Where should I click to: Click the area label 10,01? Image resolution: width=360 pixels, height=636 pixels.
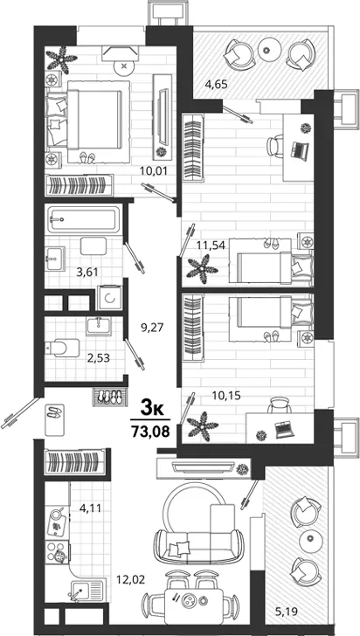pos(153,170)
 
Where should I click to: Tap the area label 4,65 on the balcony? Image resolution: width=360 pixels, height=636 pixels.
pos(216,85)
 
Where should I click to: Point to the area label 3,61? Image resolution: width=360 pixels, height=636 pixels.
pos(87,272)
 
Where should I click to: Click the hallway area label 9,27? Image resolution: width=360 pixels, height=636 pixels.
pos(152,328)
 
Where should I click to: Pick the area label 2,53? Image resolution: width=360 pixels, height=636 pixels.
pos(99,358)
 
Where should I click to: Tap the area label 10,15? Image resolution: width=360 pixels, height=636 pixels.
pos(226,396)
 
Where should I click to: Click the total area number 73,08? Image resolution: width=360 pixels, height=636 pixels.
pos(149,430)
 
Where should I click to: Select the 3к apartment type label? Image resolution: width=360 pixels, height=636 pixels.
pos(152,408)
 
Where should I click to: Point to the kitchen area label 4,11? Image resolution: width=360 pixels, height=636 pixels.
pos(90,508)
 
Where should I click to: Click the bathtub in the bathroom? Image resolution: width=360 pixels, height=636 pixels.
pos(84,219)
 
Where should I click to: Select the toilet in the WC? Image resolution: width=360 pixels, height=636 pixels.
pos(62,348)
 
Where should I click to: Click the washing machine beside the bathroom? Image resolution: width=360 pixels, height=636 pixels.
pos(109,298)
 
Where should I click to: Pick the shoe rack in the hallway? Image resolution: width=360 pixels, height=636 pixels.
pos(110,397)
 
